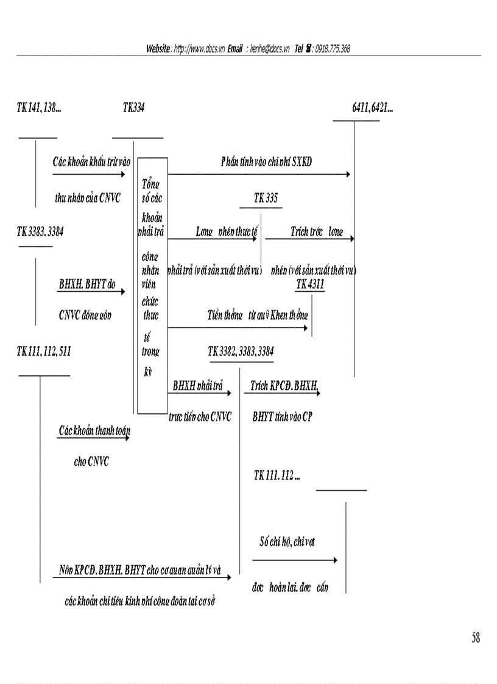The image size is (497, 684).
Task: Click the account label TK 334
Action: point(133,108)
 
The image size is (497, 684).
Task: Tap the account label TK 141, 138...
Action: point(38,108)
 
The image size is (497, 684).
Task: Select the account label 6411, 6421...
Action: point(372,108)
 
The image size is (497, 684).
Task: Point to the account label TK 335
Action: point(267,198)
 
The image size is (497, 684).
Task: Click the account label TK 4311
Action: point(310,284)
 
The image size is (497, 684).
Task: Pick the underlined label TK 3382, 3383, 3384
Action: point(241,351)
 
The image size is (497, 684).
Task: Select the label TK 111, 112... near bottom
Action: point(277,476)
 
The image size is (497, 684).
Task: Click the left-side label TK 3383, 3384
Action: point(40,231)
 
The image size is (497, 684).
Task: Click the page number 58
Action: point(475,638)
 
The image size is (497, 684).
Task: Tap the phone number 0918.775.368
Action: point(333,49)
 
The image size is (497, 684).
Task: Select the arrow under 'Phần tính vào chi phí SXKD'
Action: point(259,175)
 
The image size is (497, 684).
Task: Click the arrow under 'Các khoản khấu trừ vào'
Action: point(88,175)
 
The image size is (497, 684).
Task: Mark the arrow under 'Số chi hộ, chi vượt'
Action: point(294,560)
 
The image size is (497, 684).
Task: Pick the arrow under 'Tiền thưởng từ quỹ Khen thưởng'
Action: point(238,328)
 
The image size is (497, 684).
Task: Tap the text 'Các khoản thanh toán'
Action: point(94,431)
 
